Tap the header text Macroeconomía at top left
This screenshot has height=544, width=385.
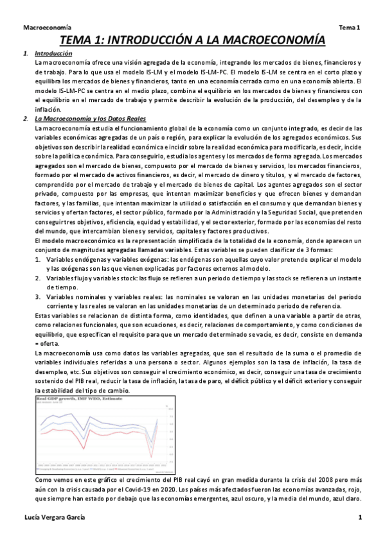[46, 29]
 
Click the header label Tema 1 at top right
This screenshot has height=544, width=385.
[350, 29]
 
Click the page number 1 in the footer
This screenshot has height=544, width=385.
[361, 517]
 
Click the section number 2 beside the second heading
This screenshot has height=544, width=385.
[24, 119]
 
